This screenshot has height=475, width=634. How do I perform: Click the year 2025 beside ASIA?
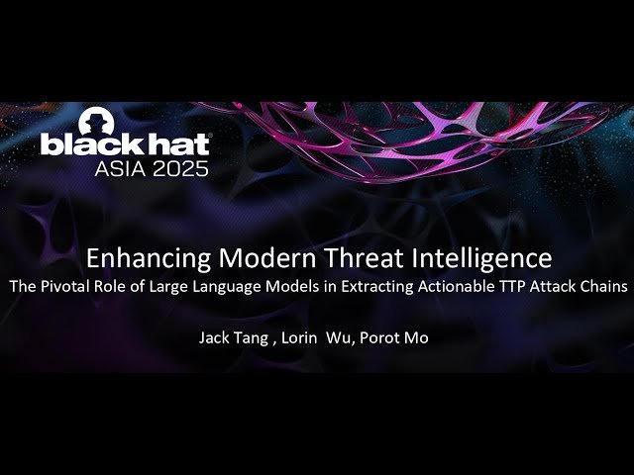pos(181,167)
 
